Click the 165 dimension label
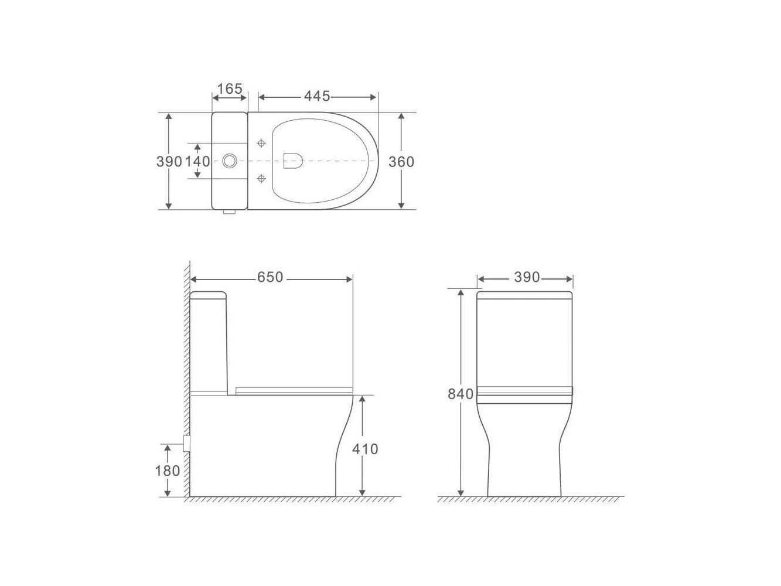[230, 88]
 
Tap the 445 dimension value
[317, 96]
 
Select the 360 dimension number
[401, 162]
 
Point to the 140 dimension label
[197, 162]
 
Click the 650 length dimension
[270, 277]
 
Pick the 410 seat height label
[365, 449]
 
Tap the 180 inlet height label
[168, 471]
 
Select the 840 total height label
[461, 394]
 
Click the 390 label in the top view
[169, 162]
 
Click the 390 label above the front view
[527, 277]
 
